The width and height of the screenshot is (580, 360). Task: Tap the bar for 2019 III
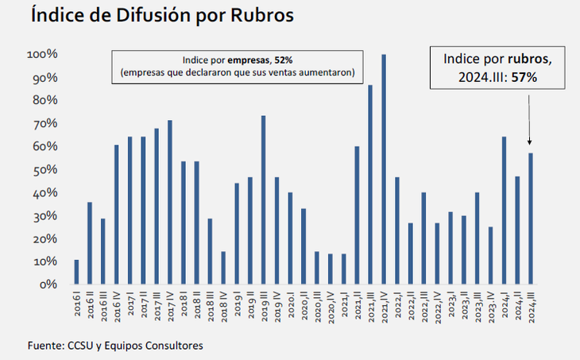(x=263, y=199)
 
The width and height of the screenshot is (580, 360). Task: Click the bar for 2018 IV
(x=223, y=268)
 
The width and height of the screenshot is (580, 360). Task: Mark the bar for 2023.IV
(x=490, y=255)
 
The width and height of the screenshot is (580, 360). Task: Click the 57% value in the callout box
(x=525, y=78)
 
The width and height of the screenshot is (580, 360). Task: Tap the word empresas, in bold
(x=248, y=60)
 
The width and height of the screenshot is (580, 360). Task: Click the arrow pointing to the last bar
(x=531, y=119)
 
